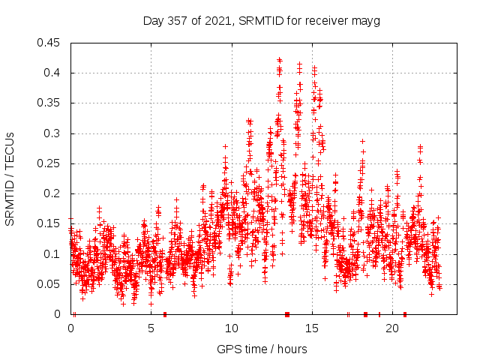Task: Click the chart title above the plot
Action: click(262, 20)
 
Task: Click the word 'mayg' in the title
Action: click(366, 21)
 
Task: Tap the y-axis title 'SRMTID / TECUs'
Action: click(10, 178)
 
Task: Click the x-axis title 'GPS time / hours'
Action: click(262, 349)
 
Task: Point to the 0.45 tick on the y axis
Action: click(50, 43)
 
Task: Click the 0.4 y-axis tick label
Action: click(53, 73)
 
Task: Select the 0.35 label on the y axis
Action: click(50, 103)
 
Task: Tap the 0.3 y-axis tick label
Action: click(53, 133)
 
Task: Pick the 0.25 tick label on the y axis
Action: click(50, 163)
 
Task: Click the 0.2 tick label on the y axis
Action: click(53, 193)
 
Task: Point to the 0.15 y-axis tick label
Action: click(50, 223)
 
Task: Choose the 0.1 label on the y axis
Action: click(53, 254)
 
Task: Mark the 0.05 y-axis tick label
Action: click(50, 284)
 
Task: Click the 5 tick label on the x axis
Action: click(151, 328)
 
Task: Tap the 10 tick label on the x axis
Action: click(232, 328)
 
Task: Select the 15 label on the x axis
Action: click(312, 328)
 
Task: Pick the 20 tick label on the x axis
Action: click(392, 328)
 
